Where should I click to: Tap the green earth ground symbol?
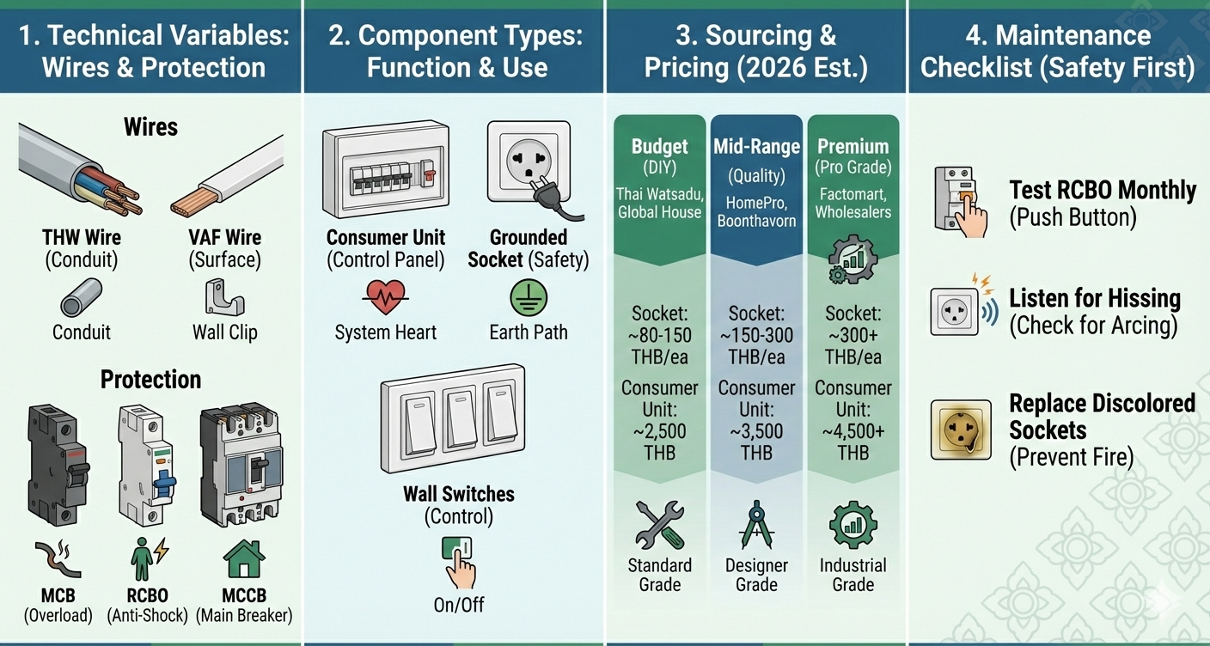(x=528, y=297)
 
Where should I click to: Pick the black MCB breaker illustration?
(x=58, y=465)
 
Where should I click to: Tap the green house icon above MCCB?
(x=243, y=559)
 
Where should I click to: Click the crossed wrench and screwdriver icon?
(x=660, y=525)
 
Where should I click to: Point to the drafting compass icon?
(x=756, y=525)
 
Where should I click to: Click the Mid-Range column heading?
(x=756, y=146)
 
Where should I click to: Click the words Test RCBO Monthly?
(x=1103, y=190)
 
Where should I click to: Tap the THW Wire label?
(x=82, y=237)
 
